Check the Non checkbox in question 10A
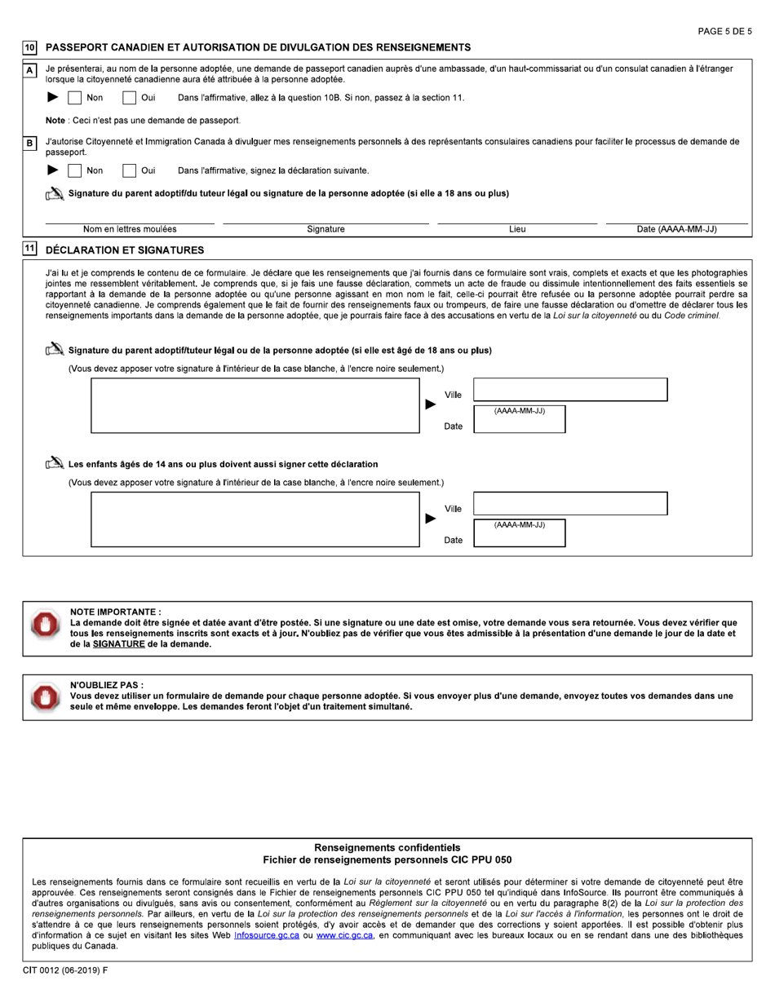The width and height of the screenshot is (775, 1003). pos(74,99)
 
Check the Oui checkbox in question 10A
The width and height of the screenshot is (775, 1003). pos(129,99)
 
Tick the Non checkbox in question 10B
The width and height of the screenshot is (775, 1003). pos(74,171)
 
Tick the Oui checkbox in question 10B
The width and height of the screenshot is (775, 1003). pos(129,171)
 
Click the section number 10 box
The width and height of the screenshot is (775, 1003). pos(29,48)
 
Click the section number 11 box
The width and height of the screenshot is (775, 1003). pos(29,250)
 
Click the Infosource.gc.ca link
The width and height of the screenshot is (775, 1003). pos(265,935)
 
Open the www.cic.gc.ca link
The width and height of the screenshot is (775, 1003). pos(344,935)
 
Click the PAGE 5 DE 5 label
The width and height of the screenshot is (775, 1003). pos(724,31)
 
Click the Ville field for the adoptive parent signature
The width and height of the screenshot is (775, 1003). pos(570,390)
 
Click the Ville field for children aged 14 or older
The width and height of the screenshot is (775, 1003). pos(570,504)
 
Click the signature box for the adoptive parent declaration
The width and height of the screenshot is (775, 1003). pos(255,405)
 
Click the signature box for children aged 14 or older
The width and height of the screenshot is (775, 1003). pos(255,519)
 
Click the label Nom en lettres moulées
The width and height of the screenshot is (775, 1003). pos(130,230)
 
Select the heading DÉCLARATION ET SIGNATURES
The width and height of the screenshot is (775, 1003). pos(125,250)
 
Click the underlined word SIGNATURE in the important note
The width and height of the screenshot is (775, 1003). pos(118,644)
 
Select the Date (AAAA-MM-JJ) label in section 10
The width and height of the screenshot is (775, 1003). pos(676,230)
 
